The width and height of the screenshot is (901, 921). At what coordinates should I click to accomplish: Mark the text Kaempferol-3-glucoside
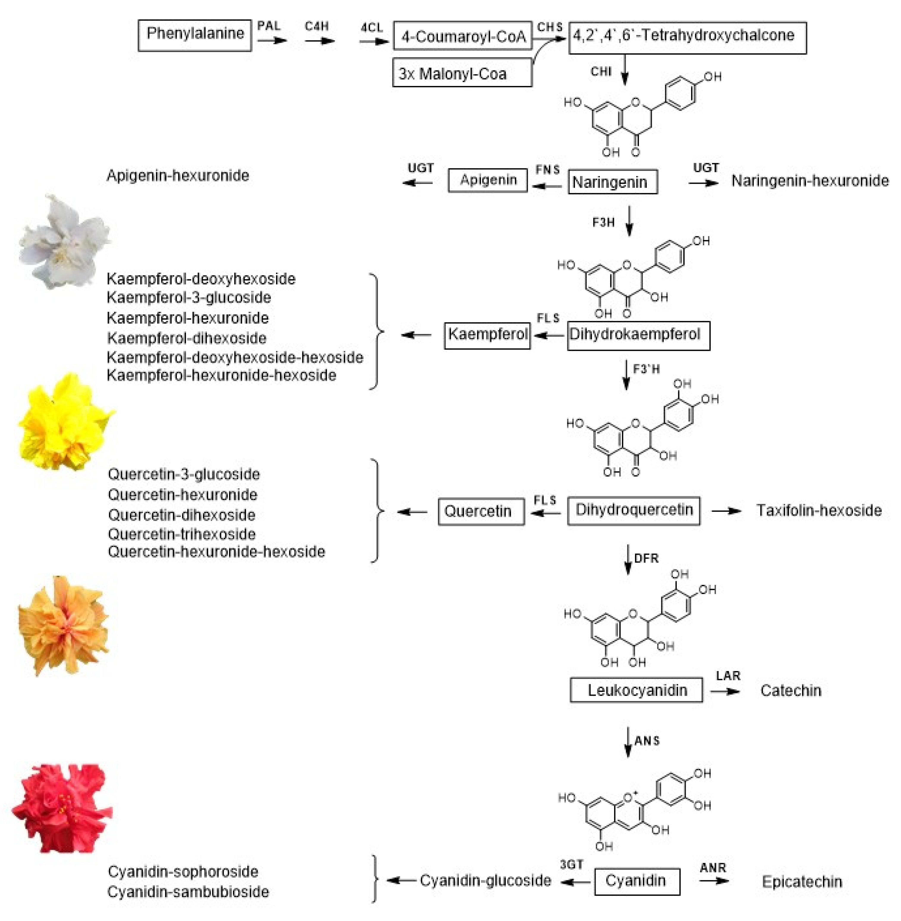(x=189, y=298)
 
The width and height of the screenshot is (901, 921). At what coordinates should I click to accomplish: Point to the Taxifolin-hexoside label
(x=818, y=510)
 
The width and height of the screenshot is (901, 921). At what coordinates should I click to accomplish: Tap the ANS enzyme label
(x=646, y=741)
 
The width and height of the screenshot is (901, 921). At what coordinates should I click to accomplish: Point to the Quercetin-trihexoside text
(x=182, y=534)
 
